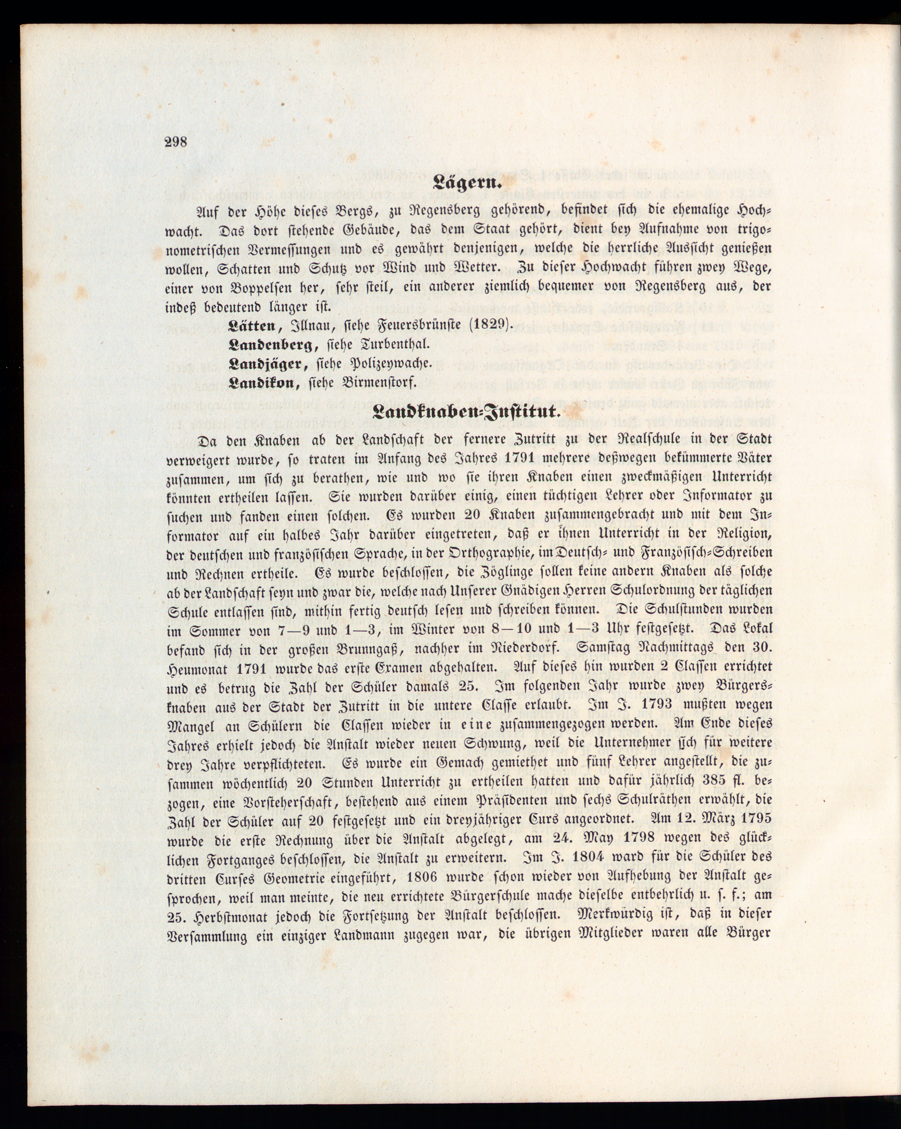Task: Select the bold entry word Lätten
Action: pyautogui.click(x=252, y=326)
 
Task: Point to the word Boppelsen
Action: pyautogui.click(x=251, y=287)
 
